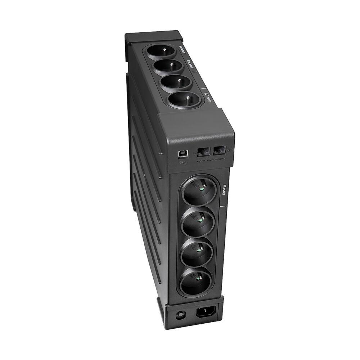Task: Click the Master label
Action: pyautogui.click(x=224, y=189)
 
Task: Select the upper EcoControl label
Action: pyautogui.click(x=183, y=48)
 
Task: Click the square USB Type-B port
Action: pyautogui.click(x=181, y=153)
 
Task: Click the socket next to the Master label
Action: pyautogui.click(x=200, y=190)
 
